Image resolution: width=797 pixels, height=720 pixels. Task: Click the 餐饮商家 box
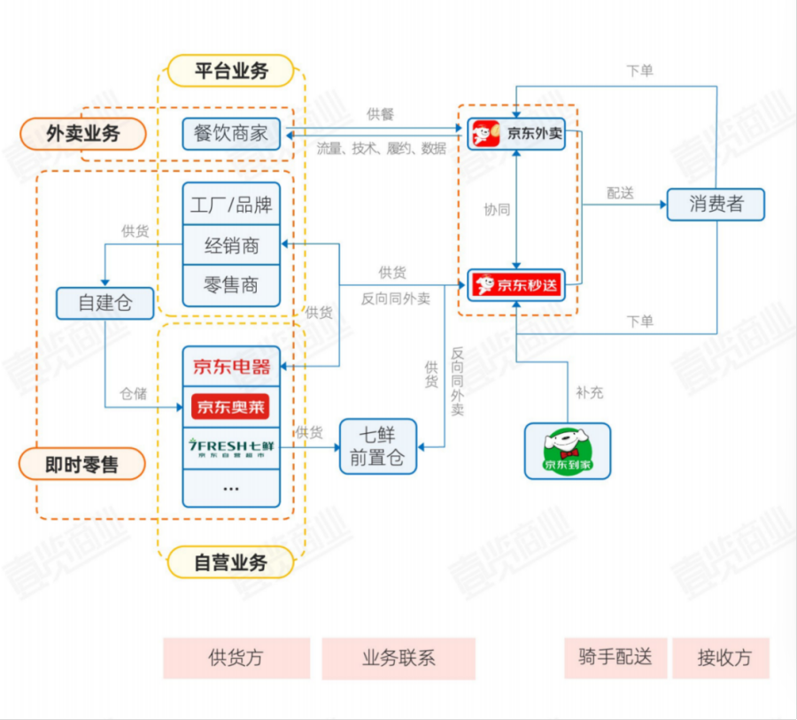(x=231, y=134)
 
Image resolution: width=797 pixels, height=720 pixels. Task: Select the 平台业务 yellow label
(x=230, y=71)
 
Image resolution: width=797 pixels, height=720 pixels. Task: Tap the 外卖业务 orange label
(x=83, y=134)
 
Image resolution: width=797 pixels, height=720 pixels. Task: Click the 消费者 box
(x=716, y=204)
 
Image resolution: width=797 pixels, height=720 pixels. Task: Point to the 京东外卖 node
(x=516, y=135)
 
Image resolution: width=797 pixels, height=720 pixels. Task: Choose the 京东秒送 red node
(x=516, y=285)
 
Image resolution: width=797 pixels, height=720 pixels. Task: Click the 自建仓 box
(x=104, y=303)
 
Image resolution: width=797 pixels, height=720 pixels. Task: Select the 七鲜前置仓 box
(x=378, y=446)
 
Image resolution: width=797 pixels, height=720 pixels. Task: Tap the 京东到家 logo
(x=568, y=451)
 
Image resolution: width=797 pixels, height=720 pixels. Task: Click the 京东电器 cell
(x=231, y=366)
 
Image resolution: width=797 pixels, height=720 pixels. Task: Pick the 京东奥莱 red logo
(x=230, y=406)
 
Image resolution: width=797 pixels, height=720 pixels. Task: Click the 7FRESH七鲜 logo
(x=230, y=446)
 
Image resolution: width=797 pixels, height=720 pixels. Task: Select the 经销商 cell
(x=231, y=245)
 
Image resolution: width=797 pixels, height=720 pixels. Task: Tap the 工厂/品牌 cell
(x=231, y=205)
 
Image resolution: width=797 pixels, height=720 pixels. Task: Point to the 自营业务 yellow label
(x=230, y=562)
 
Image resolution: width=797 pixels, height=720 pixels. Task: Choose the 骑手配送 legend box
(x=615, y=657)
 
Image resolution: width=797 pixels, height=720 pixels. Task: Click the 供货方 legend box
(x=236, y=658)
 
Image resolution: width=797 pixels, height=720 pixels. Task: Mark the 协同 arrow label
(x=497, y=210)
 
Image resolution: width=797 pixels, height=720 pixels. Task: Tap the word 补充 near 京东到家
(x=589, y=391)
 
